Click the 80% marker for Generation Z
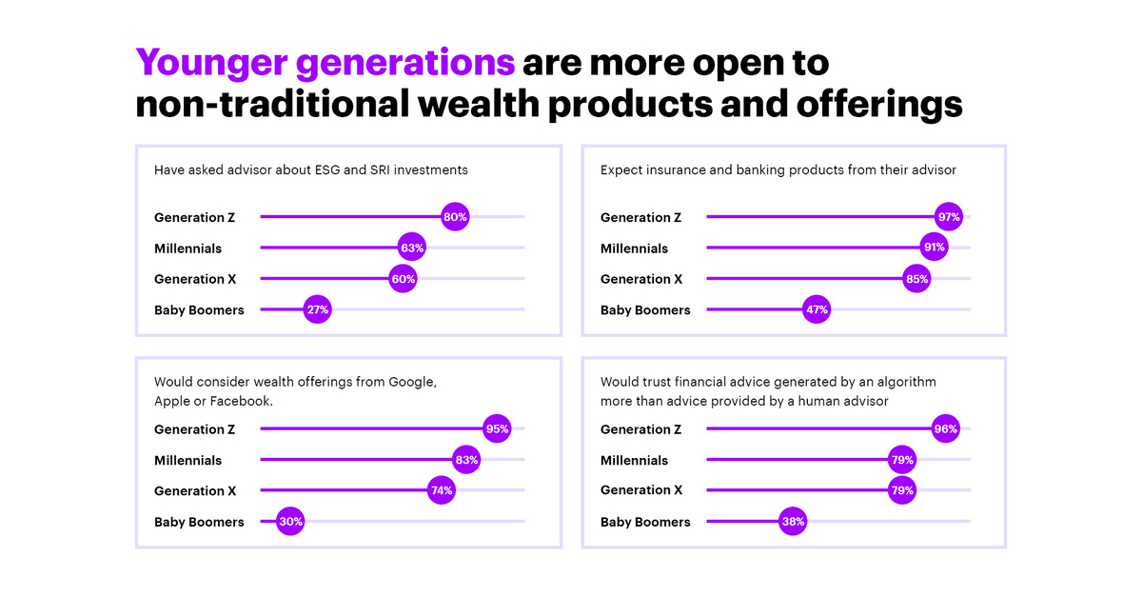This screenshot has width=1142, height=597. (x=455, y=217)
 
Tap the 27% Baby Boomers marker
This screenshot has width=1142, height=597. (x=318, y=310)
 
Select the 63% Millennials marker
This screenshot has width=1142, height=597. (x=411, y=249)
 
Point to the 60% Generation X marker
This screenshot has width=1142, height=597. (x=403, y=279)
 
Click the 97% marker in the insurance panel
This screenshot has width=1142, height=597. (x=949, y=217)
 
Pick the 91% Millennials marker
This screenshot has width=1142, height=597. (x=934, y=249)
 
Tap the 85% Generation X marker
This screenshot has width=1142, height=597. (x=916, y=279)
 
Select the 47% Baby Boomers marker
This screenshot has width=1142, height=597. (x=817, y=310)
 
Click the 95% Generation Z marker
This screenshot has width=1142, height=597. (x=497, y=429)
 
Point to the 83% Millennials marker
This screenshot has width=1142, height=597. (x=466, y=460)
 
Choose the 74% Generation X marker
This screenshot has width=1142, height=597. (x=442, y=491)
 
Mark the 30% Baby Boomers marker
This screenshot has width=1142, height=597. (x=290, y=522)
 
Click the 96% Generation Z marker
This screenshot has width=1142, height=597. (x=945, y=429)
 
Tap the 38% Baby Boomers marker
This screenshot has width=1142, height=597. (x=793, y=522)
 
